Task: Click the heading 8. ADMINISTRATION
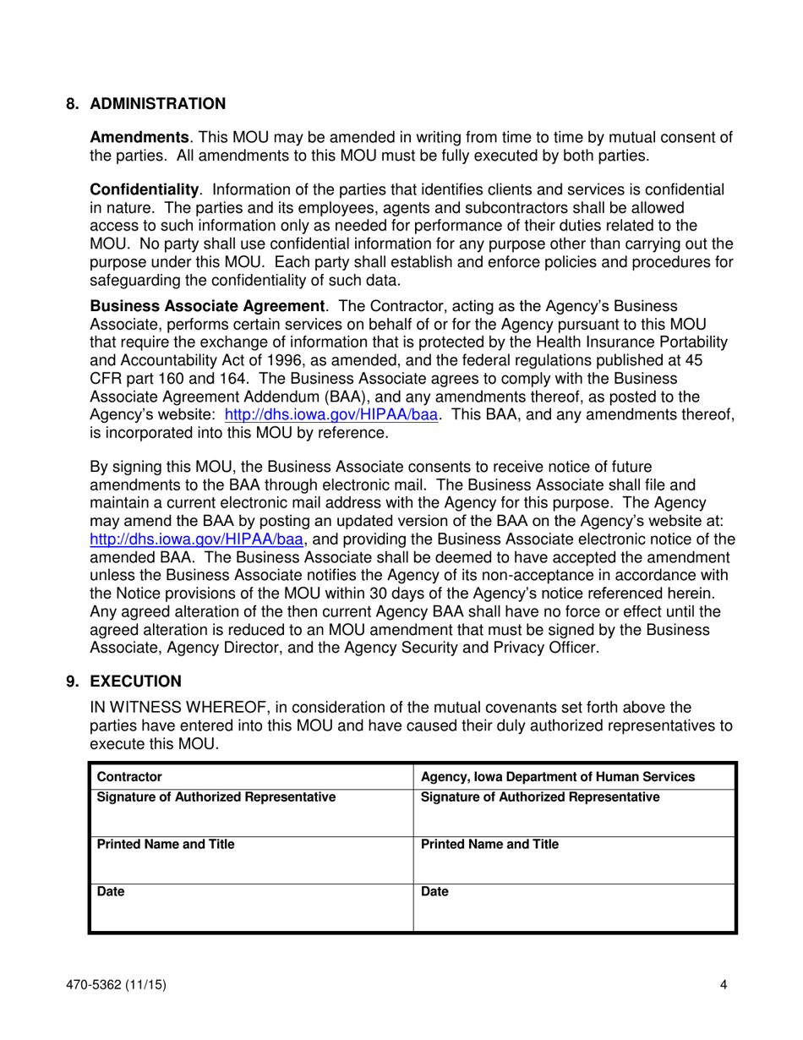[145, 104]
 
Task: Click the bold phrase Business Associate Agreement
[207, 305]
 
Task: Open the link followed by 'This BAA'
[331, 415]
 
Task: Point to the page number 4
[724, 984]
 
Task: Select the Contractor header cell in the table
[129, 777]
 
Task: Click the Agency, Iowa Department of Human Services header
[558, 777]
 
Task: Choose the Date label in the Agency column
[434, 891]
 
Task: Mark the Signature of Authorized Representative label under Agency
[540, 796]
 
